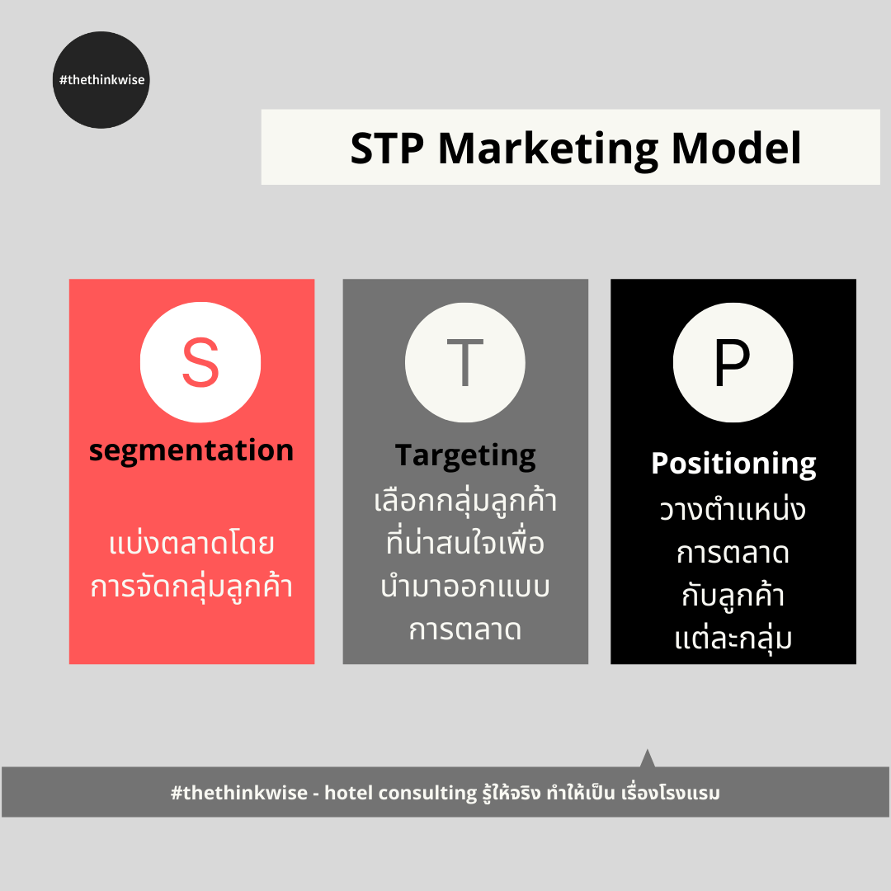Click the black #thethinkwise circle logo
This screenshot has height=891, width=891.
click(x=101, y=79)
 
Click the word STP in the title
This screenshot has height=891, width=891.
click(x=387, y=148)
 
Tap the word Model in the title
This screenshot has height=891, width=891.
click(x=737, y=148)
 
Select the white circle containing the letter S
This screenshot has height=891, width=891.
click(x=200, y=362)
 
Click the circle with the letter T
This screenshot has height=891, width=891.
click(x=464, y=362)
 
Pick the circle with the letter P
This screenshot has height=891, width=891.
click(x=733, y=362)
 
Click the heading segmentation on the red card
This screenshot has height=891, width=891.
click(x=191, y=451)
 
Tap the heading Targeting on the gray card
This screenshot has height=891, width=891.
click(x=465, y=456)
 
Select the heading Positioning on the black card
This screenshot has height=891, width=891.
click(x=733, y=464)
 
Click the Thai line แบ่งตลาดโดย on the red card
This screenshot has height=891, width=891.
click(x=191, y=543)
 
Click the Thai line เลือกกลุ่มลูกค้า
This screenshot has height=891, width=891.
click(x=465, y=501)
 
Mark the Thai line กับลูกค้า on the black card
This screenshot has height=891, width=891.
click(x=733, y=595)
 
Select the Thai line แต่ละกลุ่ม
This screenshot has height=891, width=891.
click(x=733, y=638)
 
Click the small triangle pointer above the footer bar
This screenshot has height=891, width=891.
click(x=648, y=759)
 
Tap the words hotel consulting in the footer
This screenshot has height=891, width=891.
click(x=401, y=793)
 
